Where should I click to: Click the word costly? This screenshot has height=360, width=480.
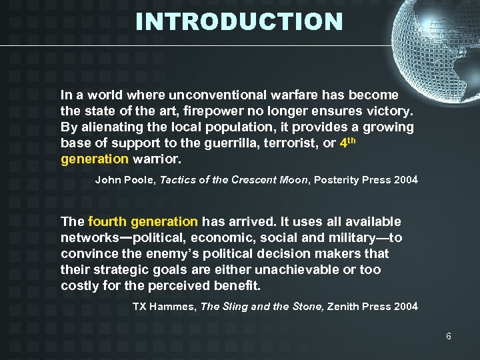point(79,285)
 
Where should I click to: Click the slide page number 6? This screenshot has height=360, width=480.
point(448,336)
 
